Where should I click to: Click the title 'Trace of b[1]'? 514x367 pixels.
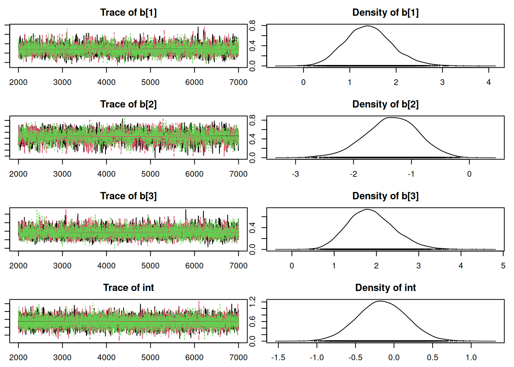(x=128, y=13)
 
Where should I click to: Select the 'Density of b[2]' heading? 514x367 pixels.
(x=385, y=104)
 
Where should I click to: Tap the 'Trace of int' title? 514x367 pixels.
(x=128, y=288)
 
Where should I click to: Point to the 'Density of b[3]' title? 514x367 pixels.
(x=385, y=196)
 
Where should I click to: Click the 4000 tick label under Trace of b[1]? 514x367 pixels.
(x=106, y=82)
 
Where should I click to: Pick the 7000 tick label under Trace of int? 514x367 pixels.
(x=238, y=357)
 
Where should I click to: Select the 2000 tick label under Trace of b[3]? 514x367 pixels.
(x=18, y=266)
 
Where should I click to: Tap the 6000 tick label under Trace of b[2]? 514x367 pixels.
(x=194, y=174)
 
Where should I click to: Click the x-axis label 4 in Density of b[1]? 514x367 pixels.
(x=488, y=82)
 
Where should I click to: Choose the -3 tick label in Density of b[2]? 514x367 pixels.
(x=295, y=174)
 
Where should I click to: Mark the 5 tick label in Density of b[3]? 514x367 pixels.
(x=503, y=266)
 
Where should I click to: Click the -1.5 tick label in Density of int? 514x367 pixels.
(x=278, y=357)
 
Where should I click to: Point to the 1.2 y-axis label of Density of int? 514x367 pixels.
(x=252, y=302)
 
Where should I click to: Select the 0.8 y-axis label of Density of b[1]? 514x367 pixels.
(x=252, y=26)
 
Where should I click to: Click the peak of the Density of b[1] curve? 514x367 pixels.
(x=368, y=26)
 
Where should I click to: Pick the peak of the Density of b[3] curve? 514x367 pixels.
(x=367, y=209)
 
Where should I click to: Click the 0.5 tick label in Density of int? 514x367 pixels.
(x=433, y=357)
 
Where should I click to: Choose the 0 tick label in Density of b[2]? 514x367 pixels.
(x=469, y=174)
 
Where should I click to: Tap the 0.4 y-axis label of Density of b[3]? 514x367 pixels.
(x=252, y=228)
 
